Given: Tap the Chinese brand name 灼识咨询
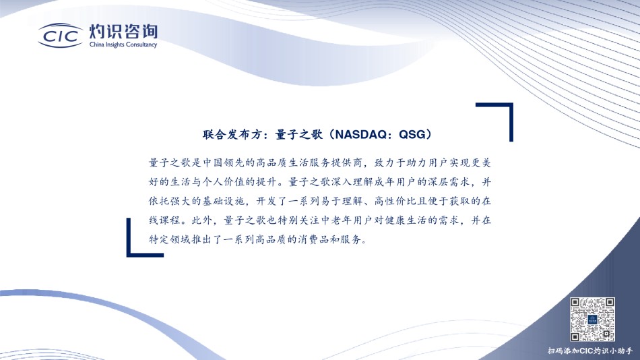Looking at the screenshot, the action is coord(123,32).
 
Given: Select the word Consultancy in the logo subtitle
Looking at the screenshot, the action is coord(141,44).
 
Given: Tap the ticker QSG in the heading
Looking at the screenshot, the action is coord(412,134).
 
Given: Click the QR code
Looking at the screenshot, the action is coord(592,319).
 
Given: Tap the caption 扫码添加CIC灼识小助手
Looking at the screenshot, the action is coord(589,351).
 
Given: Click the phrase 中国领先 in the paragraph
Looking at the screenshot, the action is coord(224,162).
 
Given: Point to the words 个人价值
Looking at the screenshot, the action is coord(224,182).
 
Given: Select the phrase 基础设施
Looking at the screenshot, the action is coord(224,201).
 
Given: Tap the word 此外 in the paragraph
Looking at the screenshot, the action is coord(203,220).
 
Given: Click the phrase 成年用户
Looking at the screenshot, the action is coord(395,182).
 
